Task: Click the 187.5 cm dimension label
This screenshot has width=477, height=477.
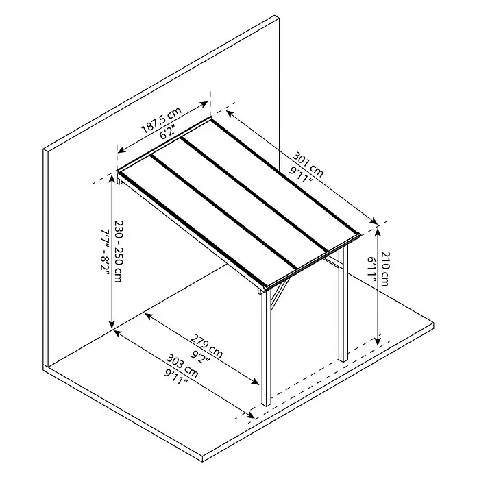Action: [x=162, y=121]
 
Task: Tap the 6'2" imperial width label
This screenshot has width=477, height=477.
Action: [x=167, y=133]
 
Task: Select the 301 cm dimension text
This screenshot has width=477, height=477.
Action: [x=308, y=164]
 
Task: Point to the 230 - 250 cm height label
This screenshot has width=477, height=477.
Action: [x=118, y=252]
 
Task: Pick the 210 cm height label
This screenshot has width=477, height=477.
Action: [x=385, y=269]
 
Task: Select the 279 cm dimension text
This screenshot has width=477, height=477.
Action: [x=206, y=346]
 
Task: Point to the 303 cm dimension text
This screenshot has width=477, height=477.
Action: [x=182, y=366]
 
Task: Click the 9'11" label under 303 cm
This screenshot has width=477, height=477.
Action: [x=176, y=377]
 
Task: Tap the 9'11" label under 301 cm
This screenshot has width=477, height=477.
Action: [x=301, y=175]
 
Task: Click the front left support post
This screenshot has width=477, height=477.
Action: [x=266, y=347]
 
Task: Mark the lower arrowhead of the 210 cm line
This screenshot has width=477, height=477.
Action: [x=378, y=341]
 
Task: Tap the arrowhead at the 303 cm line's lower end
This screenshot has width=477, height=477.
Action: [x=251, y=415]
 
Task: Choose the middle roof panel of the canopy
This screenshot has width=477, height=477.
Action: [x=240, y=204]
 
